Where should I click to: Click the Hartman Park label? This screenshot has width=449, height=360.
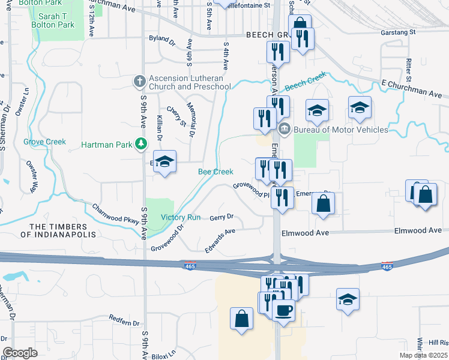click(106, 145)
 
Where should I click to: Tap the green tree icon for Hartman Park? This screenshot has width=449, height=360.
click(141, 144)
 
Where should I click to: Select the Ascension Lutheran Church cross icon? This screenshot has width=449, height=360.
click(139, 81)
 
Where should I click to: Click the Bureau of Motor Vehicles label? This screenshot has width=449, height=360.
click(341, 129)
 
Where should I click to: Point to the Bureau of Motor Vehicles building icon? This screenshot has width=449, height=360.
click(285, 128)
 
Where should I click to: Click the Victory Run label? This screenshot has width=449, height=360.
click(180, 217)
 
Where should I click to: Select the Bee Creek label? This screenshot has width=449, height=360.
click(215, 172)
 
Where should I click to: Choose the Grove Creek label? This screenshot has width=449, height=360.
click(44, 142)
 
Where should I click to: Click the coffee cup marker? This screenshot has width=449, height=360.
click(283, 310)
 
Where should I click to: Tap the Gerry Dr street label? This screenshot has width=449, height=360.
click(221, 217)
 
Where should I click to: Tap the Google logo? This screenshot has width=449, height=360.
click(20, 352)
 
